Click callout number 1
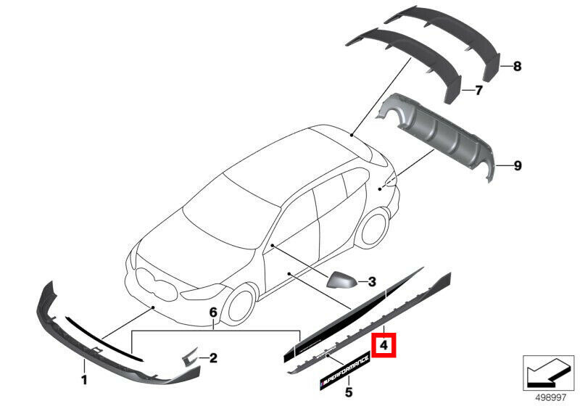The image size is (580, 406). pyautogui.click(x=84, y=379)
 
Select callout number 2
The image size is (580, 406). pyautogui.click(x=213, y=358)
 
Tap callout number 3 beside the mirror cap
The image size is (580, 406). pyautogui.click(x=372, y=282)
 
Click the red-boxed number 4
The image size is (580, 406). pyautogui.click(x=384, y=345)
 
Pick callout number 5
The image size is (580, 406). pyautogui.click(x=349, y=391)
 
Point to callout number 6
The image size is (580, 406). pyautogui.click(x=213, y=312)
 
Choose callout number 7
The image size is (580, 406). pyautogui.click(x=478, y=90)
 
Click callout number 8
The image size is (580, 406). pyautogui.click(x=517, y=66)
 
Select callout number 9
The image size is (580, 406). pyautogui.click(x=518, y=165)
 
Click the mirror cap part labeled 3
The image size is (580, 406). pyautogui.click(x=341, y=280)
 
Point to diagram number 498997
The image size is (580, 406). pyautogui.click(x=551, y=397)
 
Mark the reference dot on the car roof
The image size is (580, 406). pyautogui.click(x=352, y=136)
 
